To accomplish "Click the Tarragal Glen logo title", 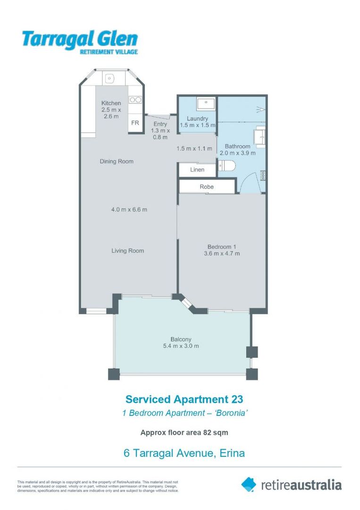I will pos(79,39).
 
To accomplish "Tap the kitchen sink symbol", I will pos(110,77).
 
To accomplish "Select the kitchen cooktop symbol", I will pos(135,100).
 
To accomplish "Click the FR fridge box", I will pos(135,123).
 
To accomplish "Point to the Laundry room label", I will pos(197,119).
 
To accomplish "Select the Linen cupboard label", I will pos(197,170).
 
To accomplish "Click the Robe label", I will pos(207,187).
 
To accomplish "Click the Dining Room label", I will pos(117,161).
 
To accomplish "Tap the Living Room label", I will pos(127,251).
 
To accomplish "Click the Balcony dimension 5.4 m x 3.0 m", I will pos(181,346).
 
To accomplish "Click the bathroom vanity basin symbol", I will pos(259,136).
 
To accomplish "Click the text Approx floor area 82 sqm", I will pos(184,432).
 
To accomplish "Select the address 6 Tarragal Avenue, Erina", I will pos(184,453).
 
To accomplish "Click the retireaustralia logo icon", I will pos(249,484).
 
